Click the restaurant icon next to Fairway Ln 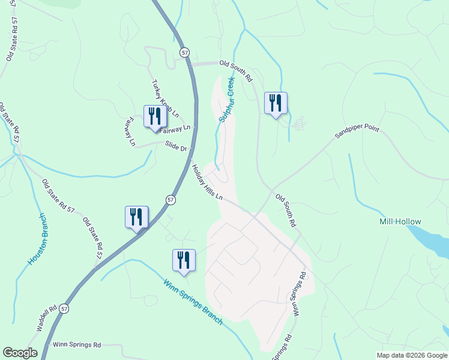(155, 115)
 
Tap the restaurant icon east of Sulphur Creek (276, 103)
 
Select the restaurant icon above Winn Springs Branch (184, 260)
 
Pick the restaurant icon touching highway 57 (136, 217)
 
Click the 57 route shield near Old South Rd (184, 52)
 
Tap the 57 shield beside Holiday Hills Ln (171, 199)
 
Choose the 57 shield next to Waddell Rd (64, 308)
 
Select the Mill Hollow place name (400, 221)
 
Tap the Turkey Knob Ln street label (165, 98)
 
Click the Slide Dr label (176, 145)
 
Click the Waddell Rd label (46, 317)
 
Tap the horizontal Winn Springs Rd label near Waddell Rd (77, 345)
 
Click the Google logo (20, 353)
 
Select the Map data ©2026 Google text (412, 355)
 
